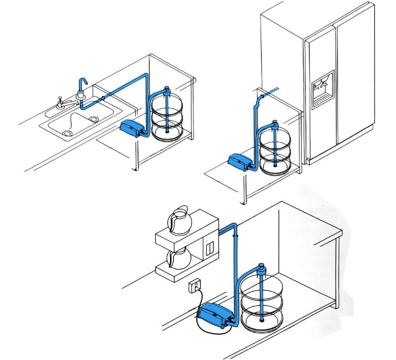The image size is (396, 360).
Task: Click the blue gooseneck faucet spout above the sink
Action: [82, 84]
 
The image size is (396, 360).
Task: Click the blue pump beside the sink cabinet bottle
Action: [130, 128]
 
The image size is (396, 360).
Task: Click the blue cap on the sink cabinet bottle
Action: [167, 90]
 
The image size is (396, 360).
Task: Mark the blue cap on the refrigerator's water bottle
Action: [275, 124]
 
